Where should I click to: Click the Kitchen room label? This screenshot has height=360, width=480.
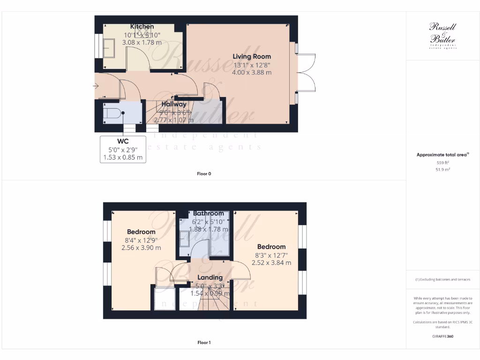pos(142,27)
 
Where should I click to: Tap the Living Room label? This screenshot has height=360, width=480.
pos(252,56)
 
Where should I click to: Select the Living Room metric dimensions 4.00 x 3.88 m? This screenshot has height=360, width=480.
pos(252,73)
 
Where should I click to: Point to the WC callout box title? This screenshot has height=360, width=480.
pos(123,141)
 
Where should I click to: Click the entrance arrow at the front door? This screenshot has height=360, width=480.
pos(96,86)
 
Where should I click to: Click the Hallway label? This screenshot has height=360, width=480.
pos(174,104)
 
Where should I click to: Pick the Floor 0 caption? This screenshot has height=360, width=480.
pos(204,174)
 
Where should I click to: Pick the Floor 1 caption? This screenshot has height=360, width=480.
pos(204,343)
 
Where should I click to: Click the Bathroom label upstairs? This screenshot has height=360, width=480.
pos(209,213)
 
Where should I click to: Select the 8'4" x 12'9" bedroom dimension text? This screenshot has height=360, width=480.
pos(141,240)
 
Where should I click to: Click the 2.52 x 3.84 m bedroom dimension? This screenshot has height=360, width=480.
pos(271,263)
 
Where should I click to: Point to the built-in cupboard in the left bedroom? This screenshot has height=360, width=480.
pos(165,298)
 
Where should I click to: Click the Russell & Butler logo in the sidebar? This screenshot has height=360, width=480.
pos(442,35)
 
